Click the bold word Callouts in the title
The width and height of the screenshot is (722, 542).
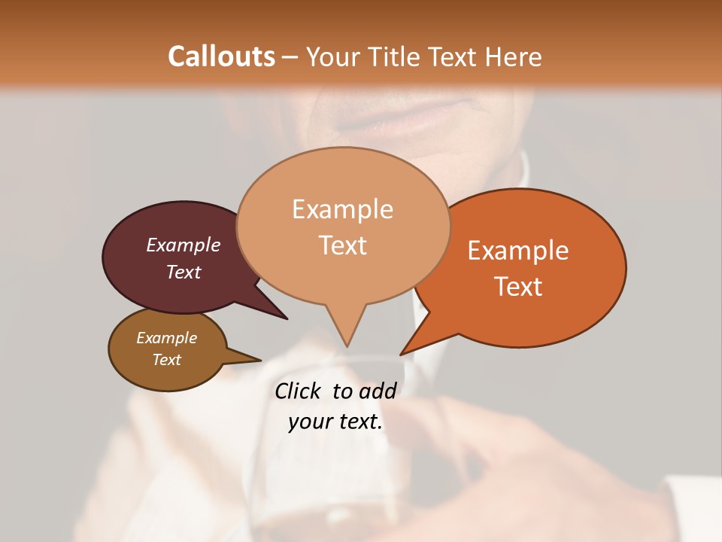tap(221, 56)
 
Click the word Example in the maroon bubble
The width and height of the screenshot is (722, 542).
tap(184, 245)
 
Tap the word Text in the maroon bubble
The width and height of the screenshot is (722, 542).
tap(184, 272)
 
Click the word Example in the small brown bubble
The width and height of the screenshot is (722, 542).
tap(167, 338)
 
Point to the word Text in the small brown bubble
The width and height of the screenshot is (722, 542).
tap(167, 360)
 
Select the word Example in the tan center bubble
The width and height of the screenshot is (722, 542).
tap(343, 209)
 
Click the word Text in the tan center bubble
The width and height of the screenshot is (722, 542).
tap(343, 245)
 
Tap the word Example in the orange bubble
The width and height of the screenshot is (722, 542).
tap(518, 251)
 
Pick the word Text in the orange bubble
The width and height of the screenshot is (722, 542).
tap(518, 286)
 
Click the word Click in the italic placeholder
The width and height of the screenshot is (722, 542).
tap(299, 391)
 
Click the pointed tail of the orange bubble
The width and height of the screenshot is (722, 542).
tap(403, 352)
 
